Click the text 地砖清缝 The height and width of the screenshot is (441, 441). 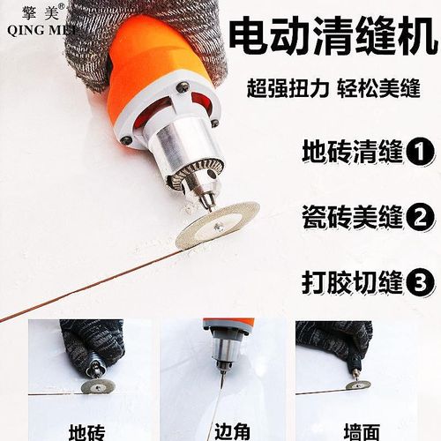pos(350,151)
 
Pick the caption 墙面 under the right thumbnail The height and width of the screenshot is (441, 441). pos(363,431)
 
